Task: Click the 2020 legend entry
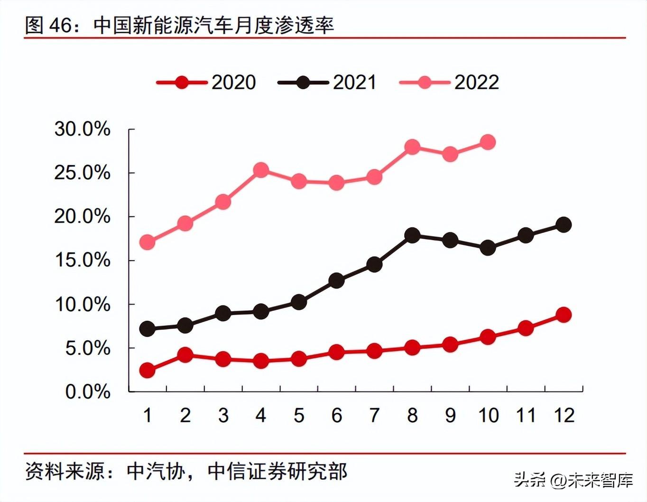pos(207,83)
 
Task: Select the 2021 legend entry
pos(328,83)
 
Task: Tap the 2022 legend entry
pos(449,83)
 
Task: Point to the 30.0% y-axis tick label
pos(82,129)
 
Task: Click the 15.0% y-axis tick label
pos(82,260)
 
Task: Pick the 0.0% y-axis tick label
pos(87,392)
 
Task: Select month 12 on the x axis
pos(564,416)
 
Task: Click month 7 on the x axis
pos(374,416)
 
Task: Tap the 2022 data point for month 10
pos(488,142)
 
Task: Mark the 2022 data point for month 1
pos(148,242)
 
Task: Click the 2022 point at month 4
pos(261,170)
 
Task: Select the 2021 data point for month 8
pos(412,235)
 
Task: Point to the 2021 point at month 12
pos(564,224)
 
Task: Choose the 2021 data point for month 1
pos(148,328)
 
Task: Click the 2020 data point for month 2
pos(185,354)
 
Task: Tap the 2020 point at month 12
pos(564,315)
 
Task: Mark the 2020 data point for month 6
pos(336,352)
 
